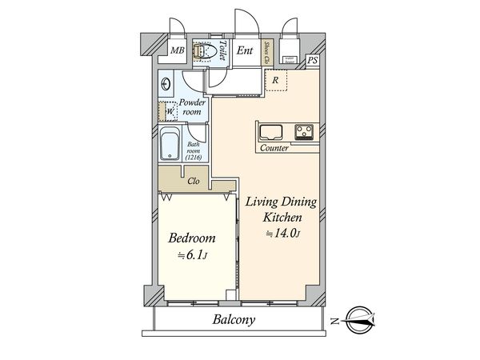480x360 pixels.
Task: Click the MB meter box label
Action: point(178,50)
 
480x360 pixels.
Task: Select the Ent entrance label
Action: point(245,50)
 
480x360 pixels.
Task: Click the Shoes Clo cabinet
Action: point(267,52)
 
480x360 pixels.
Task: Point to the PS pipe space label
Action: point(312,60)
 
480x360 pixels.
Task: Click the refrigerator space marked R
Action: point(276,80)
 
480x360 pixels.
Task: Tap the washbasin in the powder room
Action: point(166,84)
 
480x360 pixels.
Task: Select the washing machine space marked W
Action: point(168,111)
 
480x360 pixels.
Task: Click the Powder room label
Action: point(192,107)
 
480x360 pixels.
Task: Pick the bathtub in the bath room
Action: point(170,144)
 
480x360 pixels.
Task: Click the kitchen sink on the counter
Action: point(271,133)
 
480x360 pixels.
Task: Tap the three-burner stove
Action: point(304,132)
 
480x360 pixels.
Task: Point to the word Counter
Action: point(274,148)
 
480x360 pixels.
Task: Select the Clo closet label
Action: point(194,181)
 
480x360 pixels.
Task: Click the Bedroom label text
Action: point(192,238)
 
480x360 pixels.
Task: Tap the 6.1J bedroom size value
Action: point(193,255)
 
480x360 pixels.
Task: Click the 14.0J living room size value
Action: point(282,234)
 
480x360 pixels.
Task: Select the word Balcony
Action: point(234,319)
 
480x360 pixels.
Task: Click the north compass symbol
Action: point(360,320)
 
